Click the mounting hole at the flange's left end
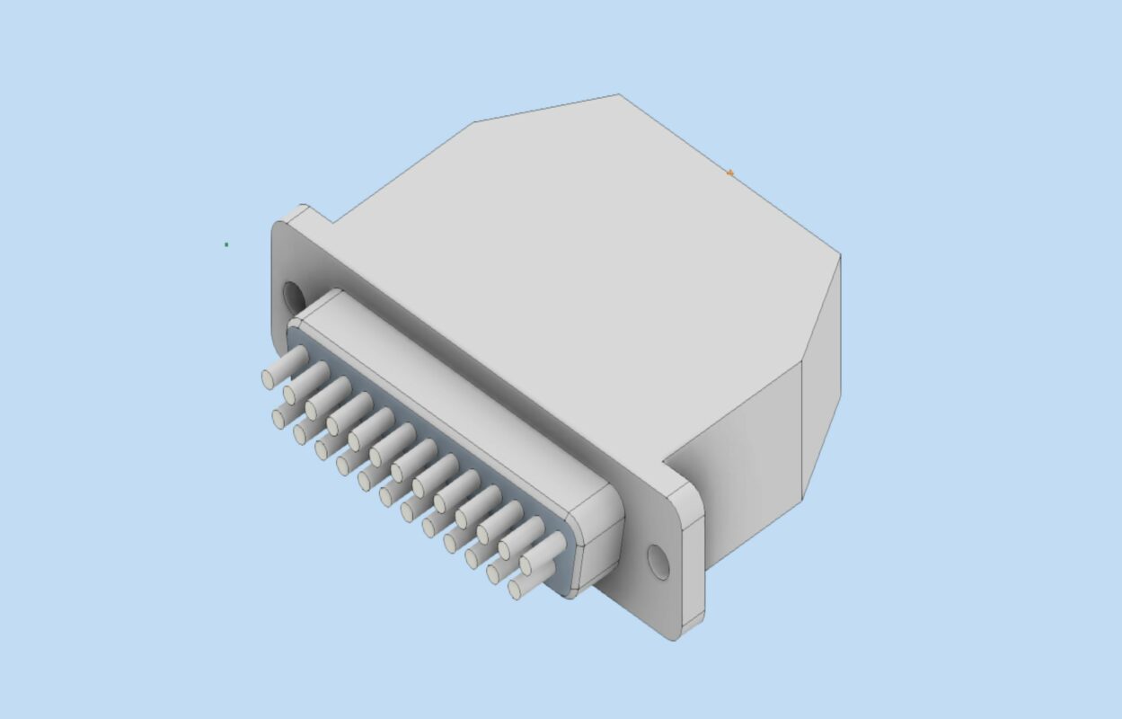coord(293,295)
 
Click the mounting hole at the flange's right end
coord(658,562)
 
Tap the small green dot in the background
coord(226,244)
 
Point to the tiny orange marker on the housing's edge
coord(730,173)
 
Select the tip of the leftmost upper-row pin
coord(269,379)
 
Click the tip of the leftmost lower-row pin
coord(279,419)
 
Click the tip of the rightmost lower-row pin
coord(517,590)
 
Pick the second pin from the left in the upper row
coord(291,395)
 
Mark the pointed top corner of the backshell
coord(618,95)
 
